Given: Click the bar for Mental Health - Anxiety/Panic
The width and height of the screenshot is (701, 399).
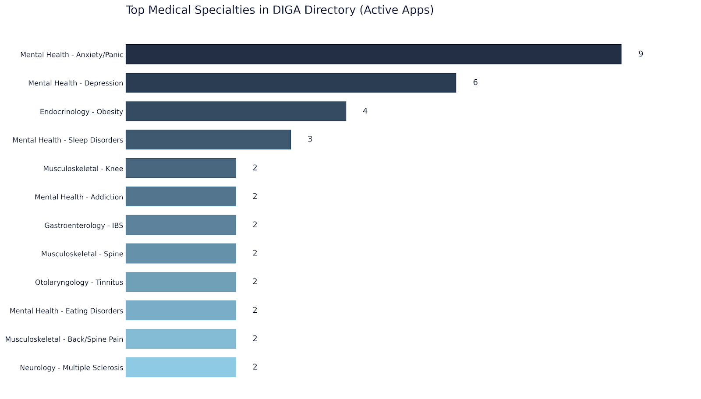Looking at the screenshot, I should click(x=373, y=54).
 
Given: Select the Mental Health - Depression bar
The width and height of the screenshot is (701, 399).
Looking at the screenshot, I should click(x=291, y=83).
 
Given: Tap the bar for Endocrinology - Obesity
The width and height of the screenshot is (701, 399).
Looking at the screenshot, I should click(x=236, y=111).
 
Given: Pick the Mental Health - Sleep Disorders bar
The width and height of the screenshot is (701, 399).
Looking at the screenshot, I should click(x=208, y=140).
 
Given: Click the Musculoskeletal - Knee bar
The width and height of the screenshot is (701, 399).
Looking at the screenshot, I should click(x=181, y=168).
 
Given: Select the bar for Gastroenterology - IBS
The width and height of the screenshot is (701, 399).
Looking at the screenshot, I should click(x=181, y=225).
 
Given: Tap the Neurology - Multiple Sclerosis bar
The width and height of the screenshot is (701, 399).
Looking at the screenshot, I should click(x=181, y=367).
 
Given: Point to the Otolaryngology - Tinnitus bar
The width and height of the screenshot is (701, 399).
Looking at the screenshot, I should click(x=181, y=282).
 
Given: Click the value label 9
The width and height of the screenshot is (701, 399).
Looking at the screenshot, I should click(x=641, y=54).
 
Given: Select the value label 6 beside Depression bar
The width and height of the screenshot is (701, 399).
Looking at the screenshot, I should click(x=475, y=82).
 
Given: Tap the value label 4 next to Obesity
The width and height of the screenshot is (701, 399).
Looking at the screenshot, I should click(x=365, y=111).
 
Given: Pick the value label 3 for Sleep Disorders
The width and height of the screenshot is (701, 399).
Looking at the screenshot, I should click(x=310, y=139).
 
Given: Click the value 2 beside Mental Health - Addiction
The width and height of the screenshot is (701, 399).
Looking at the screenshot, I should click(x=255, y=196).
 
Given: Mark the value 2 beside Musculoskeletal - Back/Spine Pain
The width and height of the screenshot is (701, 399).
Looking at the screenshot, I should click(x=255, y=339).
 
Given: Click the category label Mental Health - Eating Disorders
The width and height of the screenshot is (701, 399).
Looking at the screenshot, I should click(x=67, y=311).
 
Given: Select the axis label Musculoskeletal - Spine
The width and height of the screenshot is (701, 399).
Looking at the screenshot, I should click(x=82, y=254).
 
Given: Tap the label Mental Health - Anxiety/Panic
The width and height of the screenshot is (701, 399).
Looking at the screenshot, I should click(x=72, y=55).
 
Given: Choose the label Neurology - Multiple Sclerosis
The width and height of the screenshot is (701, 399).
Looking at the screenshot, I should click(x=71, y=368).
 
